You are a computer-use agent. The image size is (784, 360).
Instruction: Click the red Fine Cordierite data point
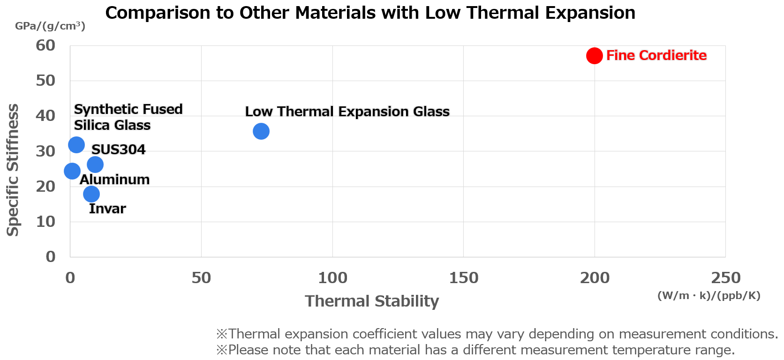(594, 56)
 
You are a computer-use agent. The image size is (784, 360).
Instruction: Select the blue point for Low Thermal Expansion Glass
(261, 131)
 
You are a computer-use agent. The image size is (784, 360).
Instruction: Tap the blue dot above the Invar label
(91, 194)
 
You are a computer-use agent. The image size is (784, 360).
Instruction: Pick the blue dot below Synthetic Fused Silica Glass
(76, 145)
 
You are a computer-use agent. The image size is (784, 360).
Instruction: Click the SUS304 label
(118, 150)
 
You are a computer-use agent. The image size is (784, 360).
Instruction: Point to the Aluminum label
(114, 180)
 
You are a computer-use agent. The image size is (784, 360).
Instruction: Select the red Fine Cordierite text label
(656, 55)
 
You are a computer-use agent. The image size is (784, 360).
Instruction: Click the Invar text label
(107, 209)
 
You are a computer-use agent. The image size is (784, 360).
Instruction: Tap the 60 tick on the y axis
(45, 45)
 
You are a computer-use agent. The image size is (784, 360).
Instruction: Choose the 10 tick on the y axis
(45, 221)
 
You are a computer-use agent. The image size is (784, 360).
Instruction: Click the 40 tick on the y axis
(45, 116)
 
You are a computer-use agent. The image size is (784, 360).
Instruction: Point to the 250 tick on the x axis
(725, 278)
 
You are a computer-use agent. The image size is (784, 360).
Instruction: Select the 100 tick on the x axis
(332, 278)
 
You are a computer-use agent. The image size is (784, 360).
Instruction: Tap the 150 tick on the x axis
(463, 278)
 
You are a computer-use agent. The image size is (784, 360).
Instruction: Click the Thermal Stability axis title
(372, 301)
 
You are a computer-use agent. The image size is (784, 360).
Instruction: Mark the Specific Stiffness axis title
(13, 170)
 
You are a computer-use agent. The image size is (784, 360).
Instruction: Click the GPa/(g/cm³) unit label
(50, 26)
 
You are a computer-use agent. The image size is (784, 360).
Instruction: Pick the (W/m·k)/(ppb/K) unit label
(709, 295)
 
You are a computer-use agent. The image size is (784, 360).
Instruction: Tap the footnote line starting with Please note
(475, 350)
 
